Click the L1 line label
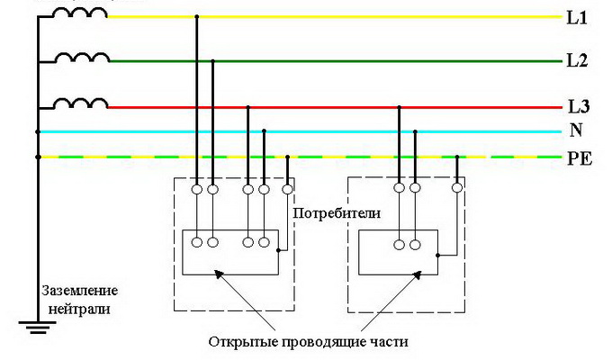pos(577,16)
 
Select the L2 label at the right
pos(577,61)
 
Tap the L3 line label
pos(577,107)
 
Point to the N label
pos(575,131)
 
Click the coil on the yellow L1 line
pos(81,13)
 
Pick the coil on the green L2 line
pos(81,57)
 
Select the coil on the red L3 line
pos(81,103)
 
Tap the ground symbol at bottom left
pos(37,327)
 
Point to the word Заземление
pos(78,292)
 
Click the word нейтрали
pos(78,307)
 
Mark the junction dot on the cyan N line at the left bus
pos(37,131)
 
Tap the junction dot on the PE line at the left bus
pos(37,157)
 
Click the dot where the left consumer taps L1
pos(196,17)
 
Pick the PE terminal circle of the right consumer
pos(457,189)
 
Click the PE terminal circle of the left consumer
pos(287,189)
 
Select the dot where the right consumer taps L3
pos(399,107)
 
